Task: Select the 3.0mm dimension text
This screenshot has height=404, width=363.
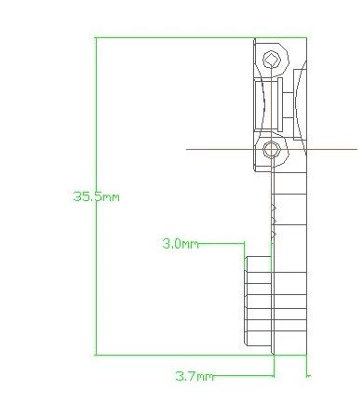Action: pos(180,244)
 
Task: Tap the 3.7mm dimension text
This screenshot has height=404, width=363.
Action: pos(194,376)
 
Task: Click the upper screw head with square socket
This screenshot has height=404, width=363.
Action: pos(271,61)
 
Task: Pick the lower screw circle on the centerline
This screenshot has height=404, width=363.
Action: pos(271,149)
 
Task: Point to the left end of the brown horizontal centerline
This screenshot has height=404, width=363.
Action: pos(188,148)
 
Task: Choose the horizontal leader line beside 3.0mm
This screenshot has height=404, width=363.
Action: pos(222,244)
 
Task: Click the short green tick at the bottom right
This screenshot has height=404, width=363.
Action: pos(308,376)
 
